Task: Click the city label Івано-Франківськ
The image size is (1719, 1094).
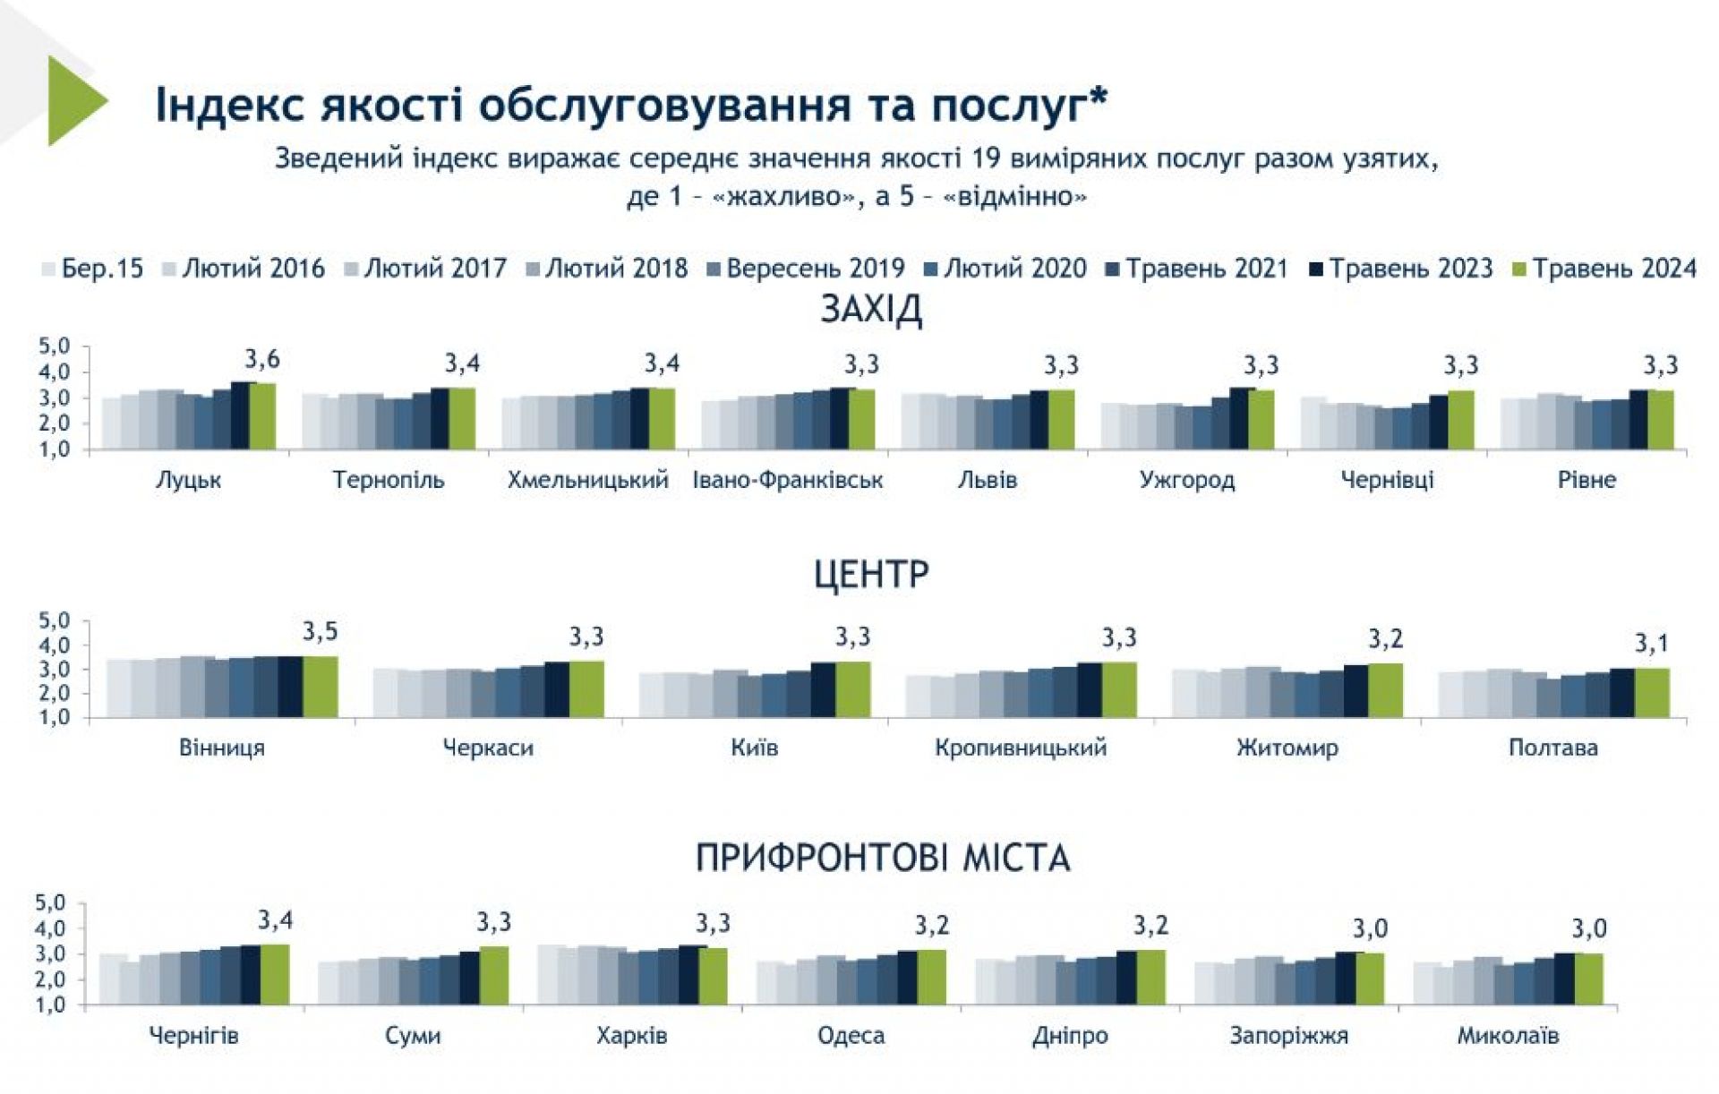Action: click(x=788, y=480)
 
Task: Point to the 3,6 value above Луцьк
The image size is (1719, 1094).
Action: click(x=262, y=360)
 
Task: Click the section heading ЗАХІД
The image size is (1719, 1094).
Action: click(x=870, y=310)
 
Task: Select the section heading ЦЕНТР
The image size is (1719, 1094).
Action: click(x=870, y=573)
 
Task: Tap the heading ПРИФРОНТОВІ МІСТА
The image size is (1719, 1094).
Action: click(x=883, y=858)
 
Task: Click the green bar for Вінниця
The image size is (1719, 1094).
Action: click(x=320, y=687)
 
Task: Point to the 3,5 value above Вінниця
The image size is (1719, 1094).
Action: click(x=320, y=632)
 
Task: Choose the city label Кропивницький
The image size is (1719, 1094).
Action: click(x=1021, y=748)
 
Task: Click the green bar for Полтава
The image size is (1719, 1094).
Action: click(x=1652, y=693)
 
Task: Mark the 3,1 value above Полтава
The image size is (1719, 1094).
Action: click(x=1651, y=643)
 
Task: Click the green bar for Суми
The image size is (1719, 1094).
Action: click(x=493, y=975)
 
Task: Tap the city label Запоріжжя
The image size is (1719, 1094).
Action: click(x=1288, y=1036)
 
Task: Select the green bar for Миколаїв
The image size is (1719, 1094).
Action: click(x=1589, y=979)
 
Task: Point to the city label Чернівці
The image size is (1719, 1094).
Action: click(x=1387, y=480)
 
